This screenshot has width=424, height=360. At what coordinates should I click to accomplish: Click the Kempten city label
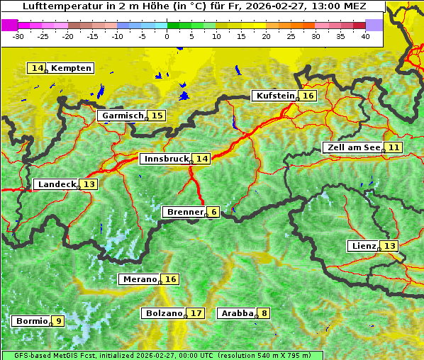click(71, 68)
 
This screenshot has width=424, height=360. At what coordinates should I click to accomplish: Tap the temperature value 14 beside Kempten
click(38, 68)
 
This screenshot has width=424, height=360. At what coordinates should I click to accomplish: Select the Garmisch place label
click(123, 116)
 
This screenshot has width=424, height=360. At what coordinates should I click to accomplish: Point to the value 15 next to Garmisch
click(157, 116)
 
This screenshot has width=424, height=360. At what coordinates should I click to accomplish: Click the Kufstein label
click(275, 96)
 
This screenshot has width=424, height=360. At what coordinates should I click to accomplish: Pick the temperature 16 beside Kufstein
click(308, 96)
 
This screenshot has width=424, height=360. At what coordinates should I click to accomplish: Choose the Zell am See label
click(352, 147)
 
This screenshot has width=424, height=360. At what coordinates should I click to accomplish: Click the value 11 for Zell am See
click(394, 147)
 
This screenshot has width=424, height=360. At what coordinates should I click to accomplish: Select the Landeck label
click(57, 184)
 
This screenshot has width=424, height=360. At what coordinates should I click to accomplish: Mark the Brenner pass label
click(184, 212)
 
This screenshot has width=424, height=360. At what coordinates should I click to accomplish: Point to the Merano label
click(139, 279)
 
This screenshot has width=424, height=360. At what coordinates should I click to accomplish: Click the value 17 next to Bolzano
click(196, 313)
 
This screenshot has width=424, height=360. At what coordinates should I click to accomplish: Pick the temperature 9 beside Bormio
click(58, 321)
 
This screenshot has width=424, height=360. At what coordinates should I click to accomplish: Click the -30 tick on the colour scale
click(19, 35)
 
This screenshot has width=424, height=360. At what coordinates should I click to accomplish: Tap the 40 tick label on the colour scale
click(365, 35)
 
